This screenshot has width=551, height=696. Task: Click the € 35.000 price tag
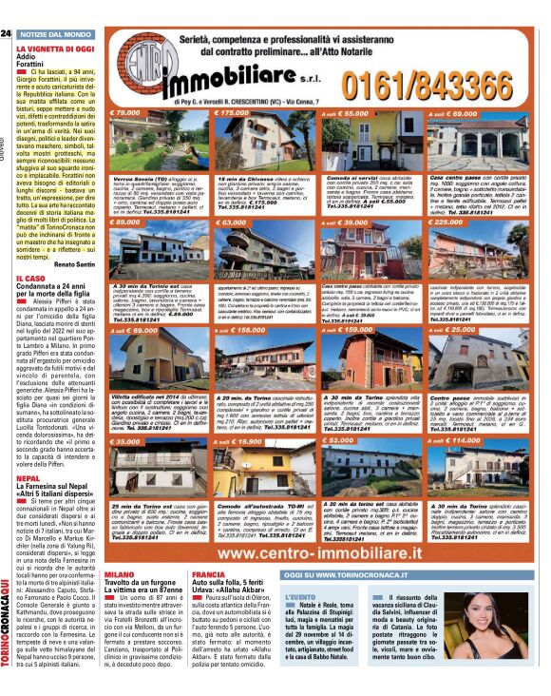pyautogui.click(x=128, y=441)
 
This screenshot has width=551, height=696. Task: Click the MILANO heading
pyautogui.click(x=120, y=574)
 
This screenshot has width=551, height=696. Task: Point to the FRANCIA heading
pyautogui.click(x=209, y=574)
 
